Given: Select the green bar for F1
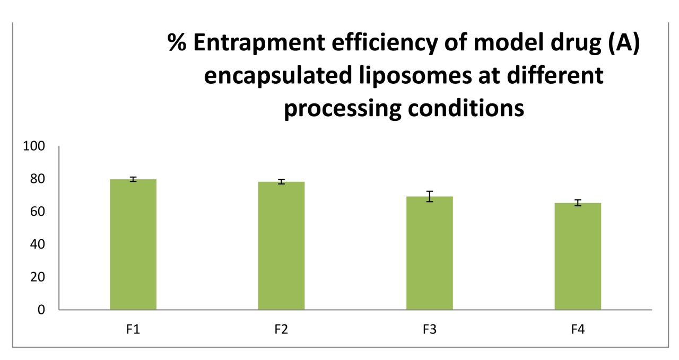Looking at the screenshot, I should click(133, 244).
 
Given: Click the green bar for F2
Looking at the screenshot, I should click(281, 245).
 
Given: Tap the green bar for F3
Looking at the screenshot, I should click(430, 253).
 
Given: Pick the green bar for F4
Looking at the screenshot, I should click(578, 256).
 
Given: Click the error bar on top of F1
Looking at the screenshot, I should click(133, 179).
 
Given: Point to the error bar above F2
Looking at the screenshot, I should click(281, 182).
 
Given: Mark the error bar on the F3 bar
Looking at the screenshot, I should click(430, 196).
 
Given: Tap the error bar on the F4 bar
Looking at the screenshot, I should click(578, 203).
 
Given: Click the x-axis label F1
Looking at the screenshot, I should click(133, 329).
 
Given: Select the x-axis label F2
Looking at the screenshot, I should click(281, 329).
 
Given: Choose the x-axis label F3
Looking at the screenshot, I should click(430, 329).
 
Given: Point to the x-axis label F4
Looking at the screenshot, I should click(578, 329).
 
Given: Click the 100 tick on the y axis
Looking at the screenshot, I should click(34, 146).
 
